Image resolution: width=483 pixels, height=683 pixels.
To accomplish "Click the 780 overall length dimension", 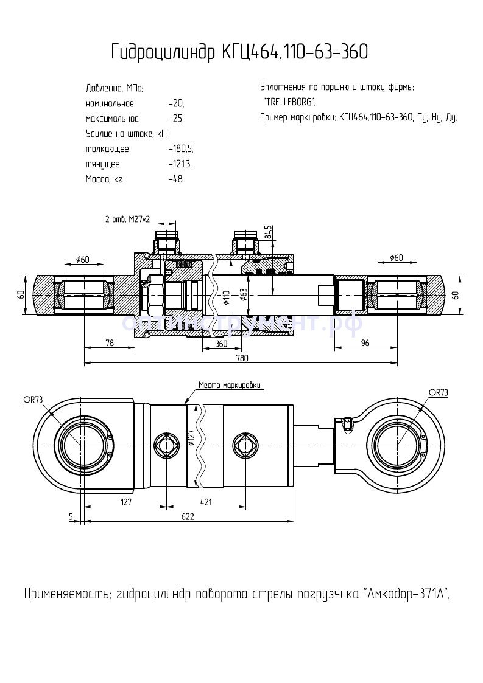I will [242, 358].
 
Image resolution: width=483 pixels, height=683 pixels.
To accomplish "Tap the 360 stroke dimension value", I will [221, 344].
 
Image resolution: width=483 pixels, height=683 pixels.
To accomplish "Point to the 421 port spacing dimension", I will [205, 502].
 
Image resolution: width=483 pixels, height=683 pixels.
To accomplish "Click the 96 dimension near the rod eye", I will [365, 344].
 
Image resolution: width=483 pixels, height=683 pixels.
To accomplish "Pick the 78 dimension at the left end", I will [110, 344].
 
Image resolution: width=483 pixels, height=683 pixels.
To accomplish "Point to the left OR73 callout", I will [33, 400].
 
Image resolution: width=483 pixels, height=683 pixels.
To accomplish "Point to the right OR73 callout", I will [438, 393].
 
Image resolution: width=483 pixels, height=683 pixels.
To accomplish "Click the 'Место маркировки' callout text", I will [229, 385].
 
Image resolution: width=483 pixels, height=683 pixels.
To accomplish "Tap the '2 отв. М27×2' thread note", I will [127, 219].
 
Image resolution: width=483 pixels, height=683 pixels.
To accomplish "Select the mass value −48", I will [175, 179].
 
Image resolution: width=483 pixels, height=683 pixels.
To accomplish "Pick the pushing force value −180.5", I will [181, 149].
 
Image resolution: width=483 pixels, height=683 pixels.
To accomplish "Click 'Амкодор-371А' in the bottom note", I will [407, 593].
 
